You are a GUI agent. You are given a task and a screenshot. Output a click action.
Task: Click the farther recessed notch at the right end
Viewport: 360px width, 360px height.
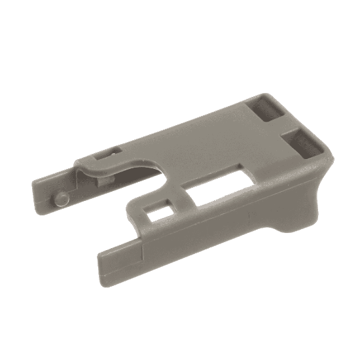click(266, 107)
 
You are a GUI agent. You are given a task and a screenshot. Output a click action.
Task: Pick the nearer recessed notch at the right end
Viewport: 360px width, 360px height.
click(302, 141)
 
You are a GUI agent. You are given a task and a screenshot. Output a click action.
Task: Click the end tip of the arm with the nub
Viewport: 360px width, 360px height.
click(35, 190)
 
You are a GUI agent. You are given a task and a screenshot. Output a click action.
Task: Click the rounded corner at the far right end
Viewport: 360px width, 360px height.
click(327, 157)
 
